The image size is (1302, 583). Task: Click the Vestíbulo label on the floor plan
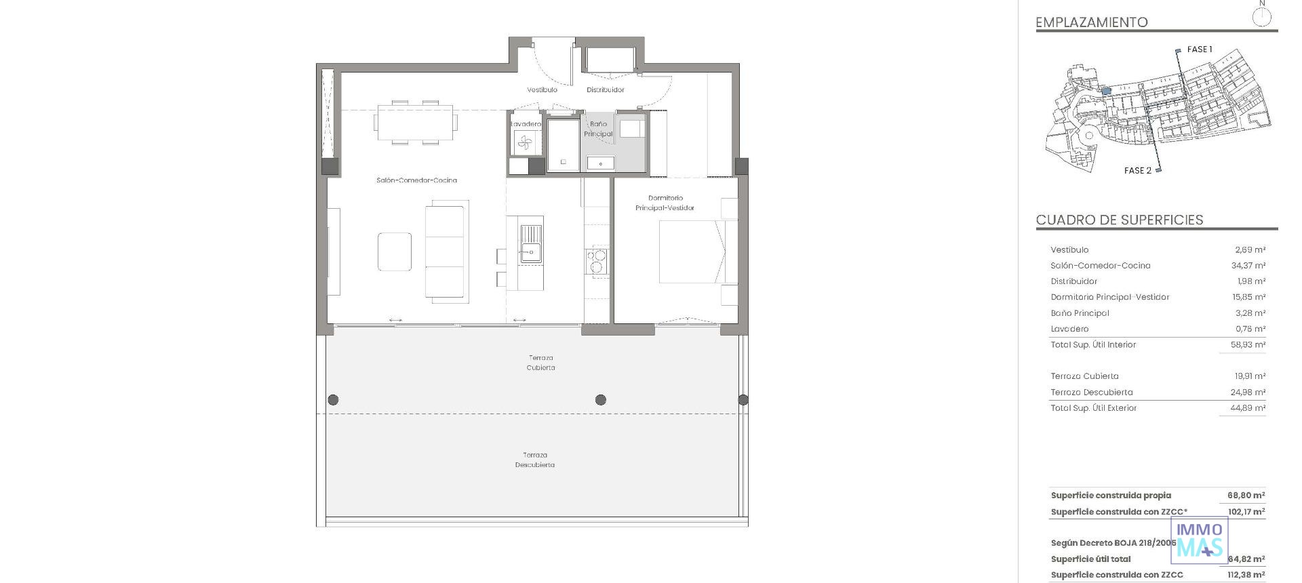pyautogui.click(x=542, y=89)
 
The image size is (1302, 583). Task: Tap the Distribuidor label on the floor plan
pyautogui.click(x=605, y=89)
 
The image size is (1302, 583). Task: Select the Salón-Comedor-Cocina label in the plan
pyautogui.click(x=416, y=180)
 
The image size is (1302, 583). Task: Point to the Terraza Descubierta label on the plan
pyautogui.click(x=534, y=460)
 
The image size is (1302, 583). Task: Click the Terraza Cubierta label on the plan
pyautogui.click(x=540, y=363)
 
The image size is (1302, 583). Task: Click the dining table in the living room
pyautogui.click(x=415, y=122)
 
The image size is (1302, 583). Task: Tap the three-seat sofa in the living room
pyautogui.click(x=445, y=251)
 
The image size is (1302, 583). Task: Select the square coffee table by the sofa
pyautogui.click(x=395, y=252)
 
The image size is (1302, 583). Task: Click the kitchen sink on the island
pyautogui.click(x=531, y=244)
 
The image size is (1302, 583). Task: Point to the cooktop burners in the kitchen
pyautogui.click(x=597, y=261)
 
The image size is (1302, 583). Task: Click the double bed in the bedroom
pyautogui.click(x=692, y=252)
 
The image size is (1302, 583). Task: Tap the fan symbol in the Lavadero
pyautogui.click(x=525, y=142)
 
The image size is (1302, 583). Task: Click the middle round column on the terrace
pyautogui.click(x=600, y=400)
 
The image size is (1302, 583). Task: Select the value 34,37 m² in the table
pyautogui.click(x=1248, y=266)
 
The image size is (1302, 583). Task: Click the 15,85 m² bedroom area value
pyautogui.click(x=1248, y=297)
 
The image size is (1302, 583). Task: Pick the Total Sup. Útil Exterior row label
pyautogui.click(x=1093, y=408)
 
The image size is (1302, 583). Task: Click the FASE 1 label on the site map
pyautogui.click(x=1199, y=49)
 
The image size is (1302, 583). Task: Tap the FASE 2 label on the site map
pyautogui.click(x=1137, y=171)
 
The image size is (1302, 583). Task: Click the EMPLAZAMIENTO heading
pyautogui.click(x=1091, y=22)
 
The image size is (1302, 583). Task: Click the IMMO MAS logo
pyautogui.click(x=1200, y=540)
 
